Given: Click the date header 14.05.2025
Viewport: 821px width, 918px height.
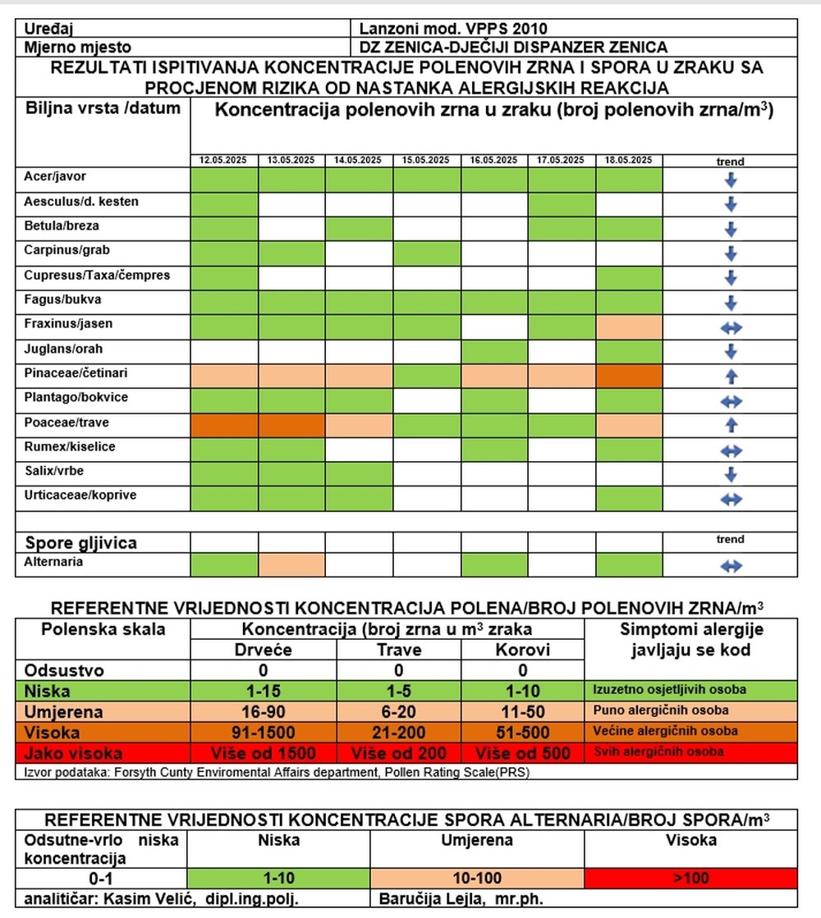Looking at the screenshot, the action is click(x=357, y=160).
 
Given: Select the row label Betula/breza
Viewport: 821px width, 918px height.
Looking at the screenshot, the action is click(x=62, y=226).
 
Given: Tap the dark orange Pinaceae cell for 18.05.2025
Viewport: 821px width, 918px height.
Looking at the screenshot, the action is click(x=630, y=377).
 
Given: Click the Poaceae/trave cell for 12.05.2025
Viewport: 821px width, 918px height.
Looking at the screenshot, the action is click(x=224, y=426).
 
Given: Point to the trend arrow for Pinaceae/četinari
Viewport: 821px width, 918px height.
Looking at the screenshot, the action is click(x=731, y=377).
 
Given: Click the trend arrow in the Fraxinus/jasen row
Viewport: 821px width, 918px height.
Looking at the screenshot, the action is click(x=731, y=328).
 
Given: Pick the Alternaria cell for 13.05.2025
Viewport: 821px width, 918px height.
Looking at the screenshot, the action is click(x=291, y=565).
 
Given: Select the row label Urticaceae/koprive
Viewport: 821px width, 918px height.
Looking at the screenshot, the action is click(x=80, y=496).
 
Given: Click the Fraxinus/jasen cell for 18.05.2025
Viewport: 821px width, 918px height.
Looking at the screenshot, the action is click(x=630, y=327).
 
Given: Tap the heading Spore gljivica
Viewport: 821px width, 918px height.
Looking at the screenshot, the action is click(x=81, y=543).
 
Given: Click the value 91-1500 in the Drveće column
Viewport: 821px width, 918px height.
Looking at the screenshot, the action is click(x=263, y=733).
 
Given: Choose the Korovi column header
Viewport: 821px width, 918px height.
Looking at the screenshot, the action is click(x=523, y=650).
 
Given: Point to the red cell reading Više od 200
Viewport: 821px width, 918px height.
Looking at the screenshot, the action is click(x=398, y=753).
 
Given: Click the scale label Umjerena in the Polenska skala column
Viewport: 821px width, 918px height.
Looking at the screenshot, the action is click(x=63, y=712).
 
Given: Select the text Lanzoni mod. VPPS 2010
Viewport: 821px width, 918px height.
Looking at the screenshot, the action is click(x=453, y=29).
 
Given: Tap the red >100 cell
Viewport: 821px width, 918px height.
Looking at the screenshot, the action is click(x=691, y=878).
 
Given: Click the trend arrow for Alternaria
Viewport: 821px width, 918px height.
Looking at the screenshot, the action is click(x=731, y=566).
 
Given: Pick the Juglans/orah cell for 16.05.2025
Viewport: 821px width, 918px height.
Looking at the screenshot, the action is click(x=494, y=352).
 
